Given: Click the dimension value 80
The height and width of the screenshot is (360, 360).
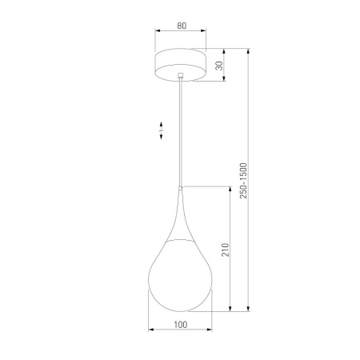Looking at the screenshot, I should [x=182, y=26].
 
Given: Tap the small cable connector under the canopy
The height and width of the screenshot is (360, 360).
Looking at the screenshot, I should [x=182, y=77].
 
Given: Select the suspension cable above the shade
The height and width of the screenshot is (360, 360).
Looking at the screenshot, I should [x=182, y=132].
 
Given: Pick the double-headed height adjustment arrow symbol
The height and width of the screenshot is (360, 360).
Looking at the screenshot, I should [x=161, y=129].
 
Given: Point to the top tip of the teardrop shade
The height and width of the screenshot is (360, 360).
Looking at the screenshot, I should [x=182, y=189].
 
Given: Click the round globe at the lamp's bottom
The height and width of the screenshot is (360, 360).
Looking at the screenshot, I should [x=181, y=276].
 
